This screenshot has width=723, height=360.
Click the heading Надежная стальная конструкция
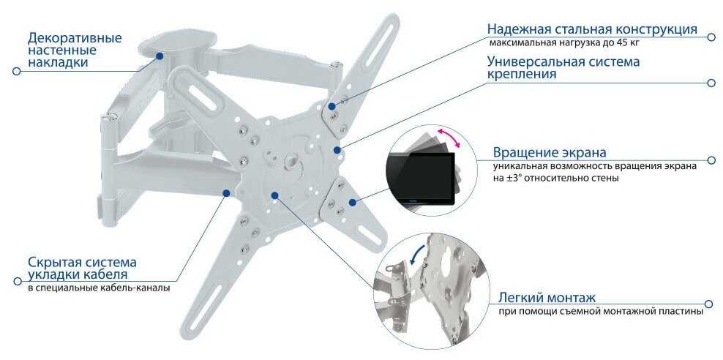592,29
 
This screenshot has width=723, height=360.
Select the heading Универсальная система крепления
563,67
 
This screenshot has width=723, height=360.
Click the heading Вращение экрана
550,152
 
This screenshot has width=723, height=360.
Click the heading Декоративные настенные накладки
75,50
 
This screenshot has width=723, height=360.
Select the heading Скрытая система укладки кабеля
82,269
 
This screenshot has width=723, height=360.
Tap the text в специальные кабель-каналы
99,288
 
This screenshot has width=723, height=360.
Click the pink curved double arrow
449,137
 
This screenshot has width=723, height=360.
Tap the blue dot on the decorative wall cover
160,56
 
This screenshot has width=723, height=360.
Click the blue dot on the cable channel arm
226,192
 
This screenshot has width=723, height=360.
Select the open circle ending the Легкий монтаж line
710,304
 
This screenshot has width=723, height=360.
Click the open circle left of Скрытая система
18,281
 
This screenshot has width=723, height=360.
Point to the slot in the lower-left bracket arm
206,306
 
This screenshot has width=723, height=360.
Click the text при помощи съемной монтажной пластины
600,311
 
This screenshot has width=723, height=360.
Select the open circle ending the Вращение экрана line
711,160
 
